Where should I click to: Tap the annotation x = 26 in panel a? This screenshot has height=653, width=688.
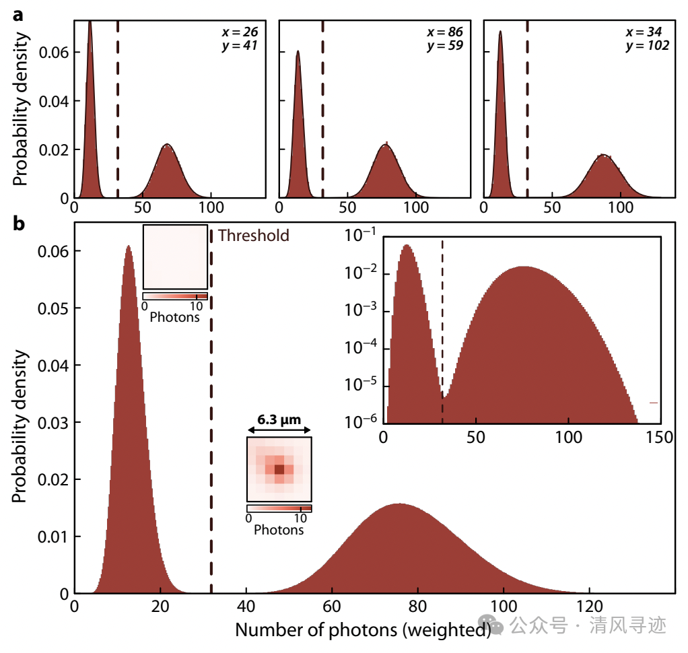pos(240,32)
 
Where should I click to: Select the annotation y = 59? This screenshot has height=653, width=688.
pos(445,46)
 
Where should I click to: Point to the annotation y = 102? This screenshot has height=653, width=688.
pos(647,46)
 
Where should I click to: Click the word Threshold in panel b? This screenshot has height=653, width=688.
pos(254,236)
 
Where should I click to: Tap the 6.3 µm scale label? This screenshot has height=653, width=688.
pos(279,419)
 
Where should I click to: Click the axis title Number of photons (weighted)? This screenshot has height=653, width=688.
pos(362,631)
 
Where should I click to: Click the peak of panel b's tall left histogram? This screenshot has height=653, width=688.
pos(128,246)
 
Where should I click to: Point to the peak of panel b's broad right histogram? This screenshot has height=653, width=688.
pos(400,504)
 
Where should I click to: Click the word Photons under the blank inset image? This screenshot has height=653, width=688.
pos(175,316)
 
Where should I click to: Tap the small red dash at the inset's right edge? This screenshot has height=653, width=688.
pos(653,403)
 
